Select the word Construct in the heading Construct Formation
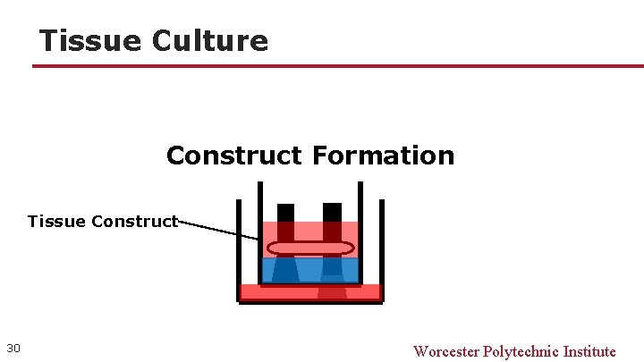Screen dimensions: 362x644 tap(234, 156)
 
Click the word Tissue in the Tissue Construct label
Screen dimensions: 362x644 tap(56, 221)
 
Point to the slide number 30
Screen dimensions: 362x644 tap(13, 348)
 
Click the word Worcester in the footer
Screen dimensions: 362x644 tap(446, 351)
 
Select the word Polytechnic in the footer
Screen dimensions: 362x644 tap(521, 351)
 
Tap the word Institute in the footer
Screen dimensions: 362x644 tap(589, 351)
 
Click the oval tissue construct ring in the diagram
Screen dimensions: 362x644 tap(310, 248)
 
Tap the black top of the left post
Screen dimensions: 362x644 tap(285, 212)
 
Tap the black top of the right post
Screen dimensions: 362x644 tap(332, 212)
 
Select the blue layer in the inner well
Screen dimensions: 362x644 tap(309, 269)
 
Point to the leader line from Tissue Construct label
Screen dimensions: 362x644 tap(219, 228)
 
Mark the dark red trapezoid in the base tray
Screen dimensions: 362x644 tap(332, 293)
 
